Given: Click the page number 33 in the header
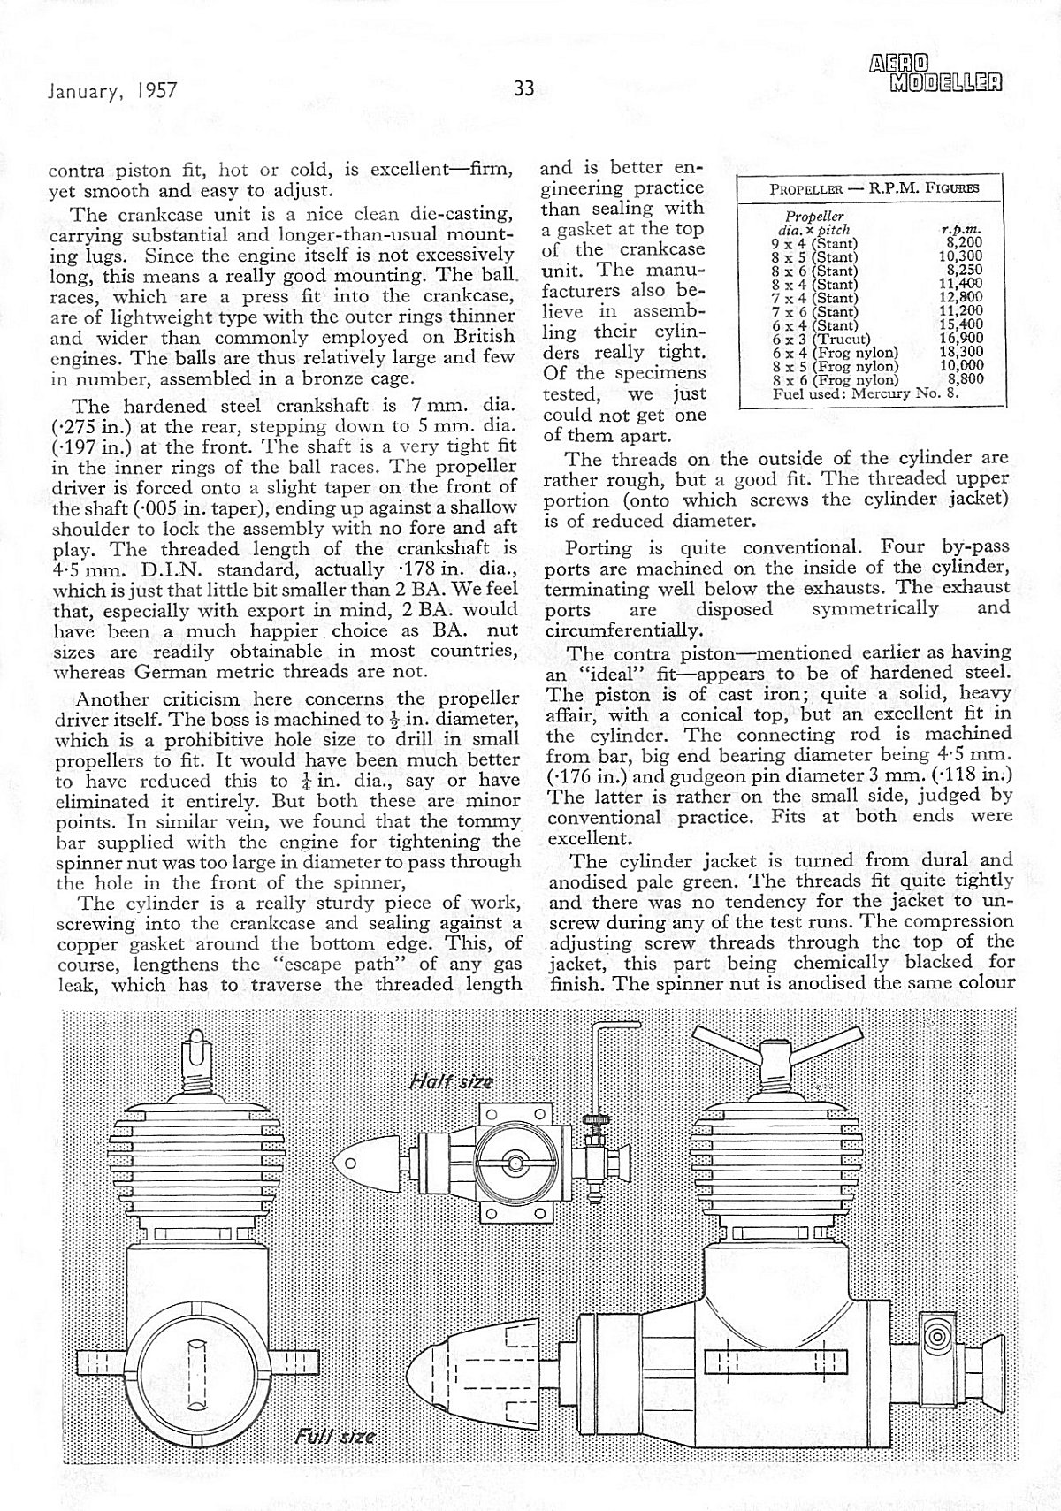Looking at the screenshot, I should click(x=524, y=88).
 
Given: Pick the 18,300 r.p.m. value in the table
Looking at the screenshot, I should click(x=961, y=351).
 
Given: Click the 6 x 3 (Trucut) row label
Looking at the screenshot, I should click(x=821, y=339).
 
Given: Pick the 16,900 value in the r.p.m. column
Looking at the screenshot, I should click(x=961, y=339).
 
